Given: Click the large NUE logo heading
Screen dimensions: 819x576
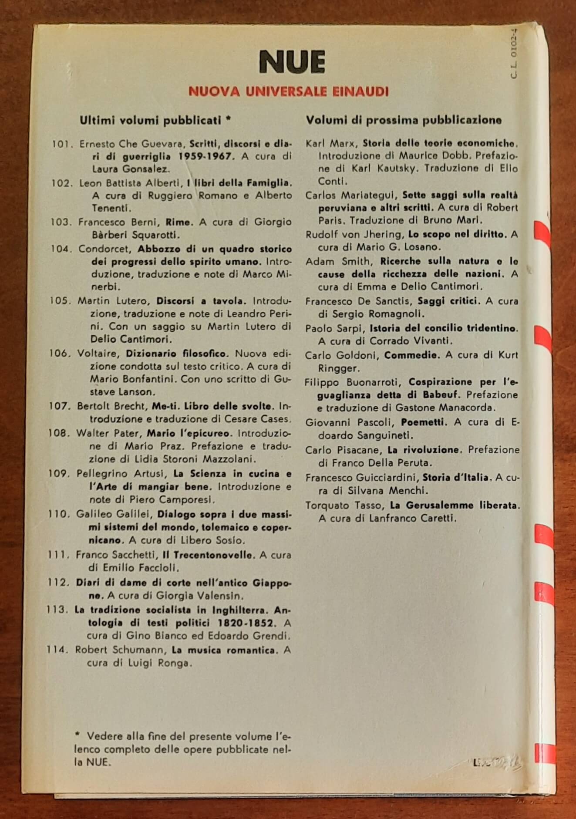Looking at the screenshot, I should pos(292,62).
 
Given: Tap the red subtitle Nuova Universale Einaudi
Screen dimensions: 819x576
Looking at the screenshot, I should pos(288,92).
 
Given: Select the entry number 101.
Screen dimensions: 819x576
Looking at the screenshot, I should pos(62,144).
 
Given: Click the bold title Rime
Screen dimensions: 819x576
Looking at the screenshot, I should pos(179,222).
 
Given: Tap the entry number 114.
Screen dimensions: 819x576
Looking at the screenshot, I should pos(57,650).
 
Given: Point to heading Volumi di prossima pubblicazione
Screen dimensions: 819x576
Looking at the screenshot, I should pos(404,120).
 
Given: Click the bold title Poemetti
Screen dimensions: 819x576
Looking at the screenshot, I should pos(424,422).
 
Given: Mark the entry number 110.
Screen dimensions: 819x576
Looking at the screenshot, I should pos(59,514).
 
